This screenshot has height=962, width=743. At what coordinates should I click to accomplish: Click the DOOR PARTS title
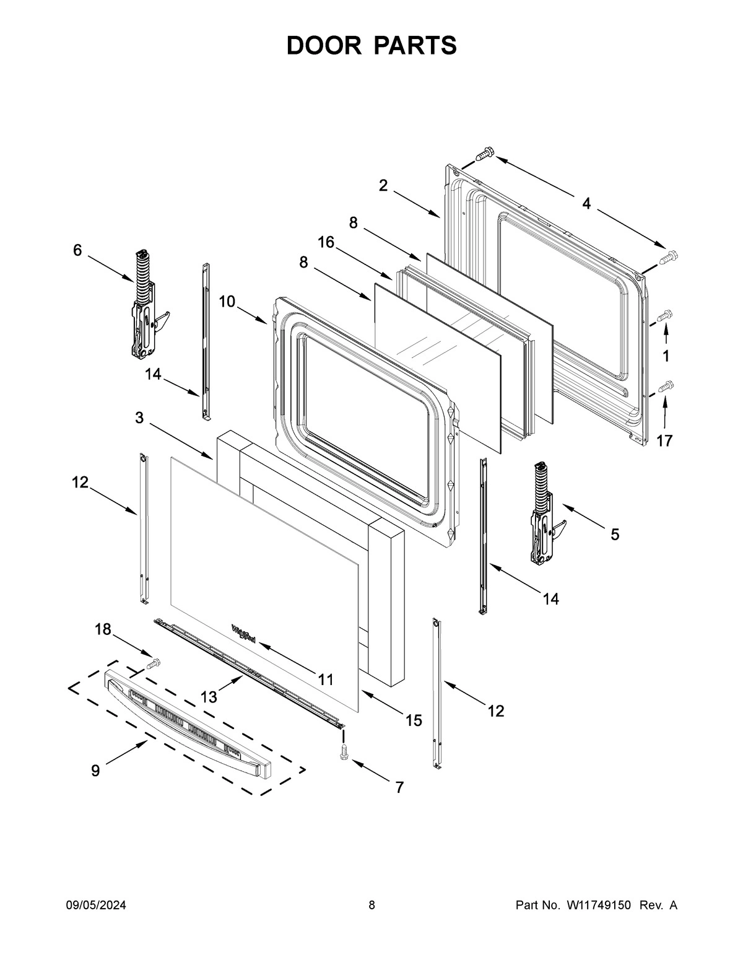coord(371,45)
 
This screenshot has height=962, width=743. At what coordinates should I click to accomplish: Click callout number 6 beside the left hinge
coord(77,250)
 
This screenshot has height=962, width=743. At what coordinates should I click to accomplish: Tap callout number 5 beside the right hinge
coord(614,534)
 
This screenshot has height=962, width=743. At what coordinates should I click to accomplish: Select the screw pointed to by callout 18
coord(153,663)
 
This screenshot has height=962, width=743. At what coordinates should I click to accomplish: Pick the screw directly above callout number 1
coord(664,316)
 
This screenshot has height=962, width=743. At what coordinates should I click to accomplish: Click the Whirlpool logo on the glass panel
coord(243,634)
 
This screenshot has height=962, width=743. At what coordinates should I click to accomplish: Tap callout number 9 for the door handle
coord(95,771)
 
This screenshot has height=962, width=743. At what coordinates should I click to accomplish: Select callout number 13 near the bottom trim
coord(209,697)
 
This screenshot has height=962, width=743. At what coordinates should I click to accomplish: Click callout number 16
coord(326,242)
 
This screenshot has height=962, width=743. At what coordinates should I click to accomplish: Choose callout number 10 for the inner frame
coord(227,301)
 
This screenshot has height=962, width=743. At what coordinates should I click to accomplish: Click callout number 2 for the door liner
coord(383,185)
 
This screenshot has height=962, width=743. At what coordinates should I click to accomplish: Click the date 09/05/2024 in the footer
coord(96,906)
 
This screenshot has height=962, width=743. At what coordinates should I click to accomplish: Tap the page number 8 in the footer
coord(371,906)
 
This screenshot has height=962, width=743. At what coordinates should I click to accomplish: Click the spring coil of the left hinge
coord(142,276)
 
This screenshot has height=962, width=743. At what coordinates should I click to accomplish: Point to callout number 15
coord(414,720)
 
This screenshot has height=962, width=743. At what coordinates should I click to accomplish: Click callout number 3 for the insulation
coord(139,418)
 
